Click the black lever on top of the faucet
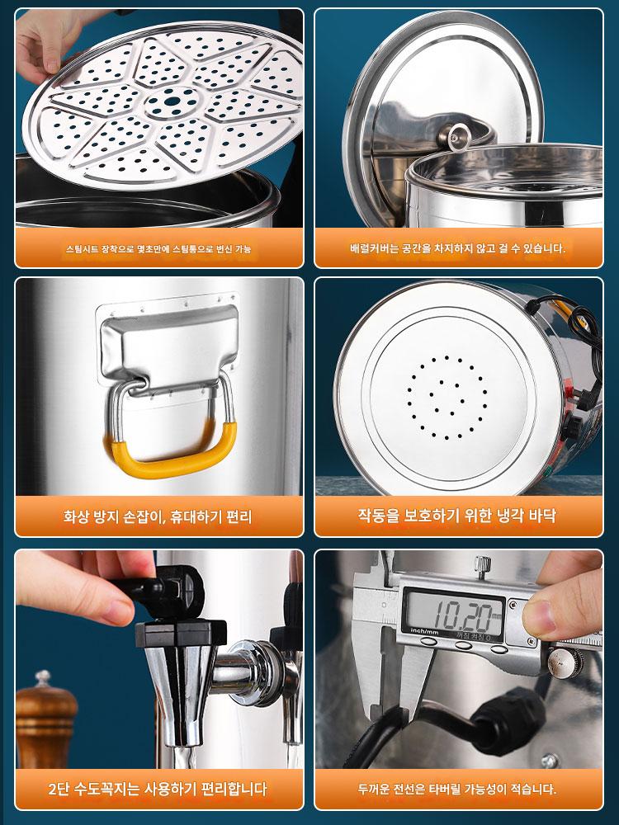click(x=158, y=589)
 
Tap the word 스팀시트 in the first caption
click(x=83, y=249)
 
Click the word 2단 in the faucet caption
click(x=59, y=789)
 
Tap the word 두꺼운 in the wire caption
click(x=374, y=789)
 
